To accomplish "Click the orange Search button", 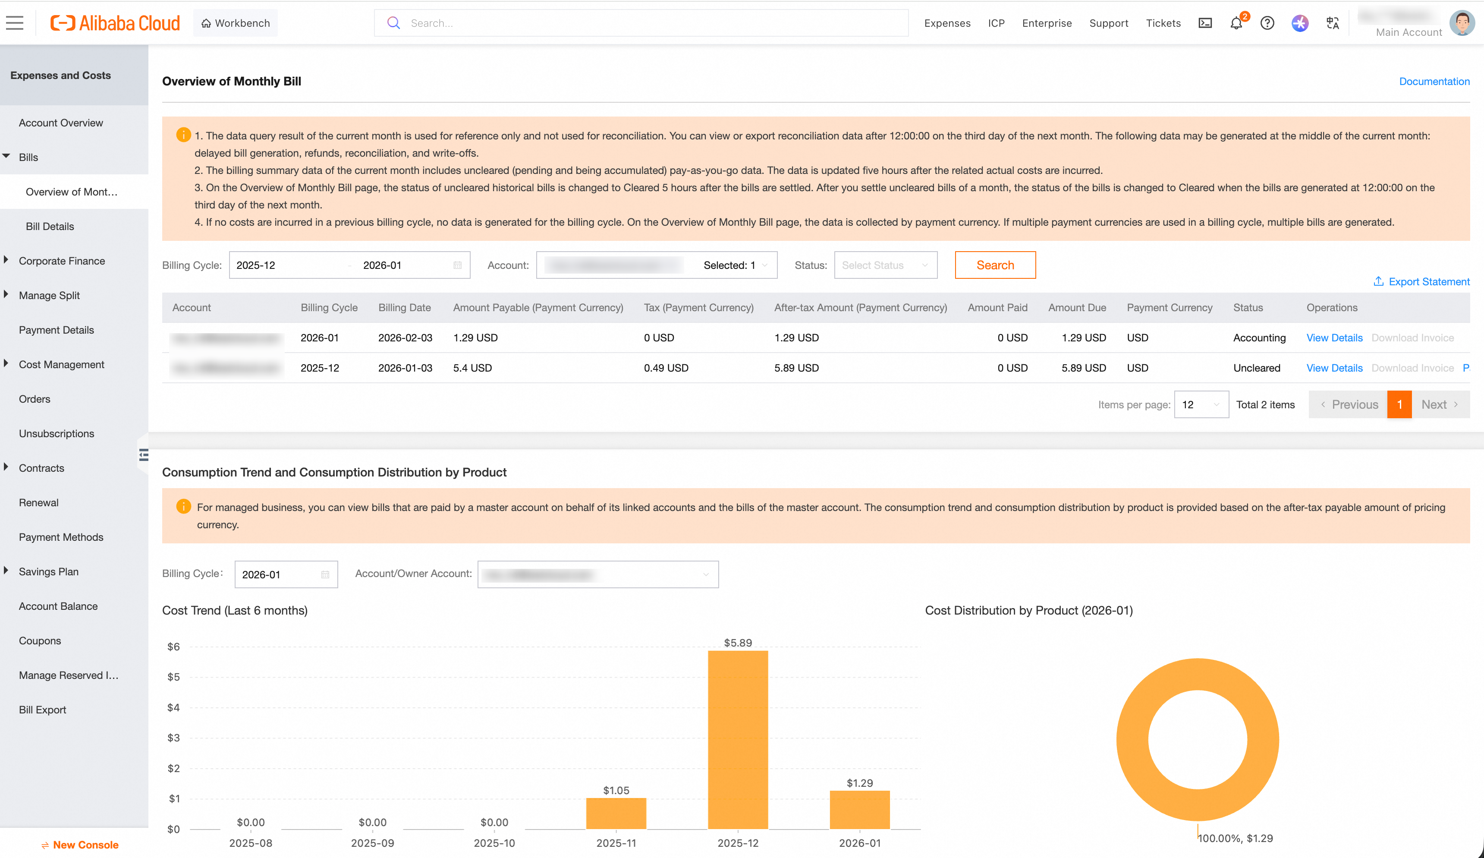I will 995,265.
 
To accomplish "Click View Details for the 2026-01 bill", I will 1334,338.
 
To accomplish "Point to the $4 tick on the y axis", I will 173,707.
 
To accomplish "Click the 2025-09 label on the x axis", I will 372,842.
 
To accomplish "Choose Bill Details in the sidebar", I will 50,226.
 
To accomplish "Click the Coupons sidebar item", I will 40,640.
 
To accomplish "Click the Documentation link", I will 1434,81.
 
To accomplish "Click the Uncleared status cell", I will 1256,368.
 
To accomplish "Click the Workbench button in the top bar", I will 236,23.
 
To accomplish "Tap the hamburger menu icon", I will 15,23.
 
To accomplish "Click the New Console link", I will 85,845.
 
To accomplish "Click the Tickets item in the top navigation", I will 1163,23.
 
